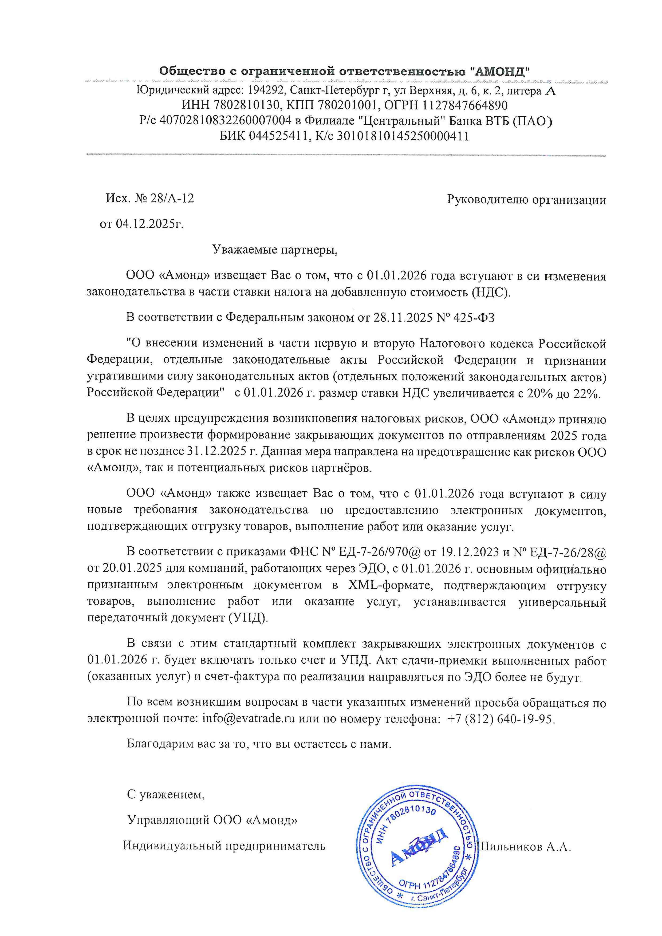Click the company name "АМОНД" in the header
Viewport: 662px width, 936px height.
coord(502,71)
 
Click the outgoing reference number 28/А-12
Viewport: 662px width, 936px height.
coord(172,199)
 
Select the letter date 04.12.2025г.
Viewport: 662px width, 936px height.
coord(149,224)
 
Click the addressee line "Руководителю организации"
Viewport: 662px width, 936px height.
coord(526,200)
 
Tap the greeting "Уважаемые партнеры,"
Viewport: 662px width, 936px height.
coord(275,250)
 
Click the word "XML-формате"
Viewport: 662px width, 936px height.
coord(389,585)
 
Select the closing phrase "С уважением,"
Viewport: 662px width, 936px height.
coord(166,794)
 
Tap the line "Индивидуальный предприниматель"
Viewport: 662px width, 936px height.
coord(224,846)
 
